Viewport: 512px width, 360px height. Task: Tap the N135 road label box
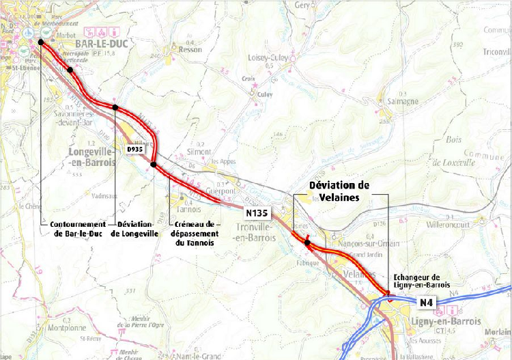coord(256,213)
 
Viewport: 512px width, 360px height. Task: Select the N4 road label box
coord(427,302)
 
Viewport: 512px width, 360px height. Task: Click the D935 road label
coord(135,148)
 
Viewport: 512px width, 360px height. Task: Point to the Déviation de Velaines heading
coord(339,191)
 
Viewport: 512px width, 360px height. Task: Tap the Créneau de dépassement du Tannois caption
coord(195,233)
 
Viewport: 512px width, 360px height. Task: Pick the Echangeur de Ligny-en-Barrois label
coord(423,281)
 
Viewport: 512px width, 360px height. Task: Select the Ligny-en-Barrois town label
coord(443,320)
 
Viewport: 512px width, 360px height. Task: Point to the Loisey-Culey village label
coord(273,58)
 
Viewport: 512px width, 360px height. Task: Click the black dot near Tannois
coord(154,165)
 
